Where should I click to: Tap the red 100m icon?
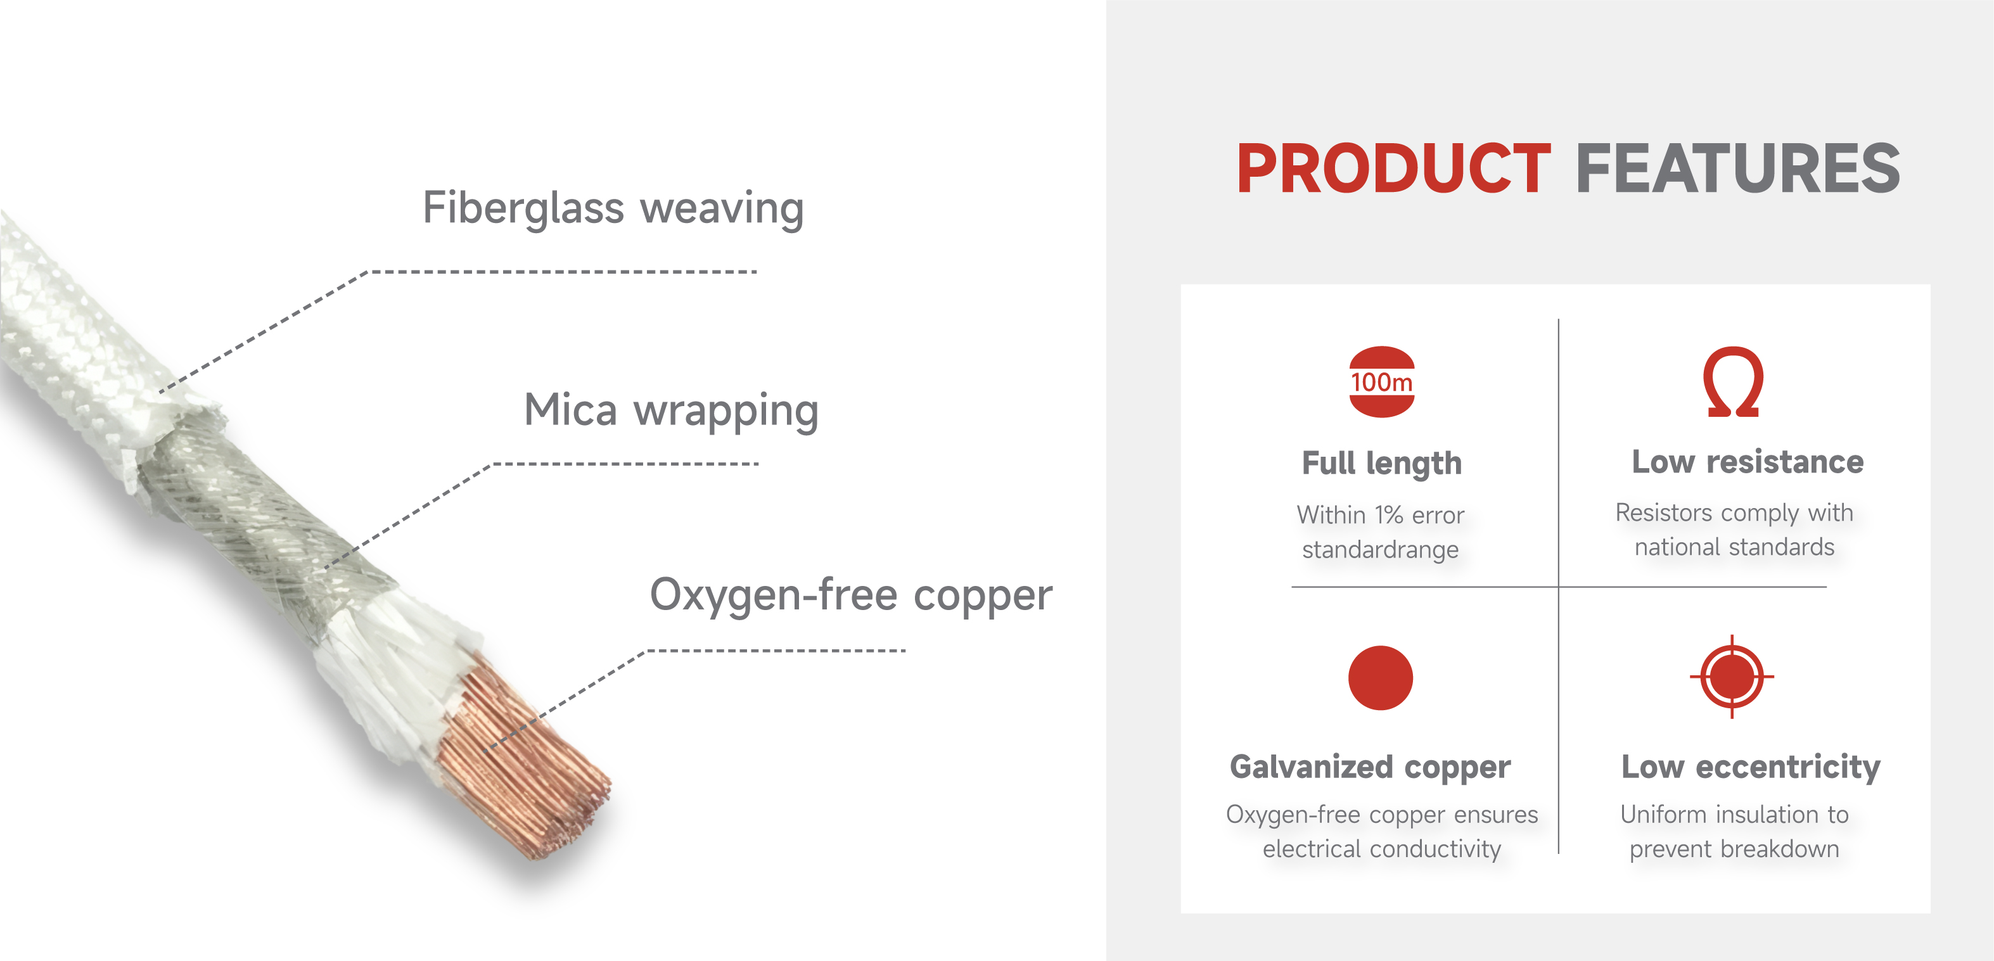pos(1382,381)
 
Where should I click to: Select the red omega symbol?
pos(1733,381)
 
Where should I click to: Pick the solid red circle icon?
pos(1380,677)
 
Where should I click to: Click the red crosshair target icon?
pos(1732,677)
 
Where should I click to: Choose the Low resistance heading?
pos(1748,461)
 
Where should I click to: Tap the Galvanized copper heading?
pos(1370,767)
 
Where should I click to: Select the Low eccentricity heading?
pos(1751,767)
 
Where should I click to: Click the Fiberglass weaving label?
pos(613,208)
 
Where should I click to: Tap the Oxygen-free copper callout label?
pos(851,595)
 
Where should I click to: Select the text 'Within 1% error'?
pos(1380,514)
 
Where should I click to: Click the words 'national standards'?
pos(1734,547)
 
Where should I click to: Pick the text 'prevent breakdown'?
pos(1734,849)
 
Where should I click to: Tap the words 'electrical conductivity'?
pos(1382,849)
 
